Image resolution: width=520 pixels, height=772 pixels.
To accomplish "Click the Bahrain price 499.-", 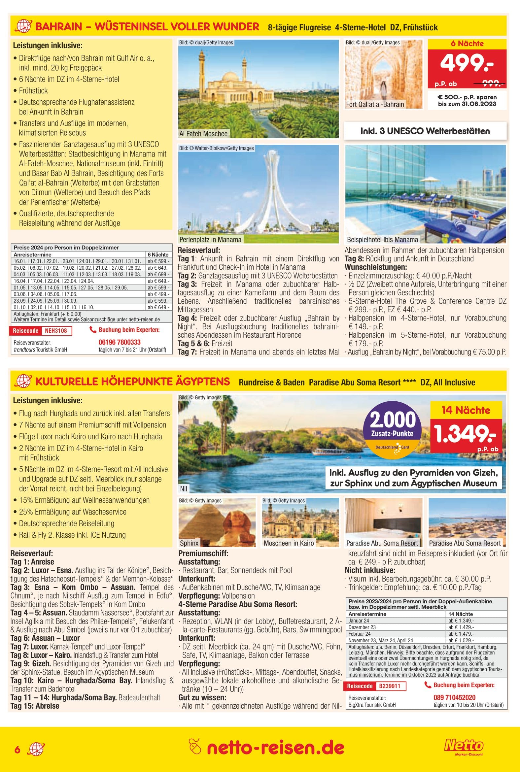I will [466, 63].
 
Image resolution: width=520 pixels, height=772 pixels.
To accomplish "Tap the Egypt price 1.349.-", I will [465, 434].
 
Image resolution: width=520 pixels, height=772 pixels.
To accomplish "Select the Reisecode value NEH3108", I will [56, 330].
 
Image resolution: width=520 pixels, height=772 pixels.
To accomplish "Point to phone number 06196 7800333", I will [120, 342].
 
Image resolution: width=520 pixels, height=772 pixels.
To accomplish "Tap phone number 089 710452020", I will [454, 697].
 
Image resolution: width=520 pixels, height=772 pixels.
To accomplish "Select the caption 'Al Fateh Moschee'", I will [203, 134].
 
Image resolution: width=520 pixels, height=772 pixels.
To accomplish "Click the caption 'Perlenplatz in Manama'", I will [210, 240].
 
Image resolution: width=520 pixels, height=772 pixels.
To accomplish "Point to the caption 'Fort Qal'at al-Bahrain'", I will [375, 104].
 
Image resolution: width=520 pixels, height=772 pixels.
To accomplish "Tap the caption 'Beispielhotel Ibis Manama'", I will [382, 240].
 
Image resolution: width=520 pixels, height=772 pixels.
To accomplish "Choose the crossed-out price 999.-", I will [493, 84].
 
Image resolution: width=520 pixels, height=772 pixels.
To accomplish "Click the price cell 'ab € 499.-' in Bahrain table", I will [158, 294].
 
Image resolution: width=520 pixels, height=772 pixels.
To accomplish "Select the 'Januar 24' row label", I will [359, 621].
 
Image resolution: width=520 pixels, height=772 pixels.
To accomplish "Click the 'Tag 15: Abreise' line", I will [35, 706].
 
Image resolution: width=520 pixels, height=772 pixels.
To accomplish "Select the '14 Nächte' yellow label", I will [466, 410].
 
